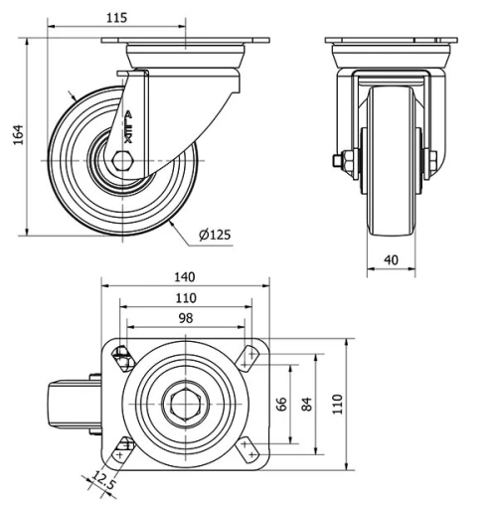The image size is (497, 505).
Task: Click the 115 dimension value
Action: tap(116, 18)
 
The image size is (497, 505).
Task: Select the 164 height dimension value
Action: tap(19, 134)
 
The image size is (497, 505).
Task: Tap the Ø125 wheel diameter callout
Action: tap(215, 235)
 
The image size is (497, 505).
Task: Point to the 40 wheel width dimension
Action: tap(391, 260)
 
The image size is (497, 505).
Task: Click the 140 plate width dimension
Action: tap(185, 277)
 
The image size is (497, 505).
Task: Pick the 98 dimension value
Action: tap(186, 318)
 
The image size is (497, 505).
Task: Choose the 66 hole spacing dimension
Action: tap(281, 404)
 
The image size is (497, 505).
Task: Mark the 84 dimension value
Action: tap(307, 404)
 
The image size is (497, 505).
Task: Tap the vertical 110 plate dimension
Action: tap(337, 404)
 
